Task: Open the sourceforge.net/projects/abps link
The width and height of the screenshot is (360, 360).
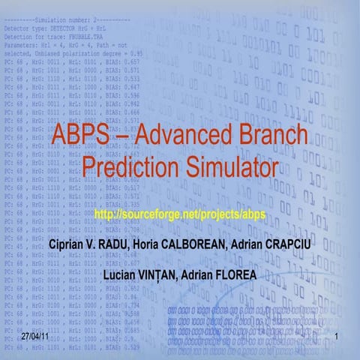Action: pyautogui.click(x=180, y=216)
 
